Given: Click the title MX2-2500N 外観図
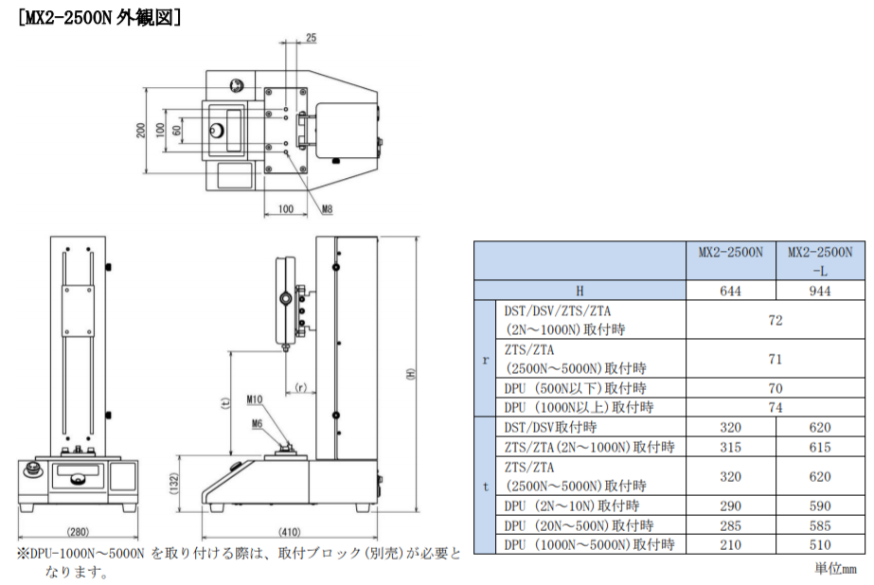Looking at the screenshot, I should tap(99, 16).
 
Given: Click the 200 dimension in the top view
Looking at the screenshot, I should tap(140, 131).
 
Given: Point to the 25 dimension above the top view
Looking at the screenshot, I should tap(311, 37).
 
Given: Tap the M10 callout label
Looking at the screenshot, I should tap(255, 400).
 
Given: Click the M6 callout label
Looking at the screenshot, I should tap(257, 424).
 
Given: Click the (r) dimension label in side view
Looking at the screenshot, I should tap(300, 386).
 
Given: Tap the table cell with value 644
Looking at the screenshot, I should tap(730, 291).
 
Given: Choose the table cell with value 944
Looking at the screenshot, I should tap(820, 291).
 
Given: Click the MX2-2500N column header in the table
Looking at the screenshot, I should tap(730, 253).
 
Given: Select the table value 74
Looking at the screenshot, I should tap(776, 407).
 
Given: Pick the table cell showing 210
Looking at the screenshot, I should tap(730, 544).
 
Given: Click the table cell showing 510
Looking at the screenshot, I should tap(820, 544).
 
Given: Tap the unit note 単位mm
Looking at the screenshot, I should tap(835, 568).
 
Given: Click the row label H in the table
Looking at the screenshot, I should tap(580, 291).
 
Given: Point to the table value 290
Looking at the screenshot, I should tap(730, 505).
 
